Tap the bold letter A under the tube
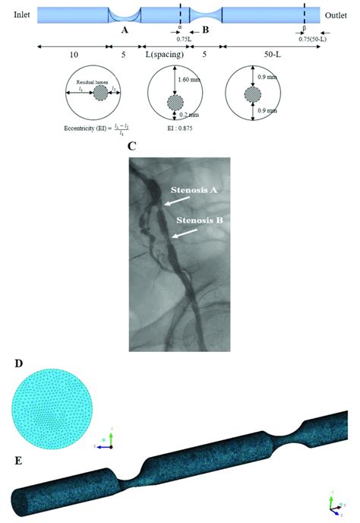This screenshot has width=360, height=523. [x=124, y=30]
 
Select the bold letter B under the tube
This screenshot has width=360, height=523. [x=206, y=30]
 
